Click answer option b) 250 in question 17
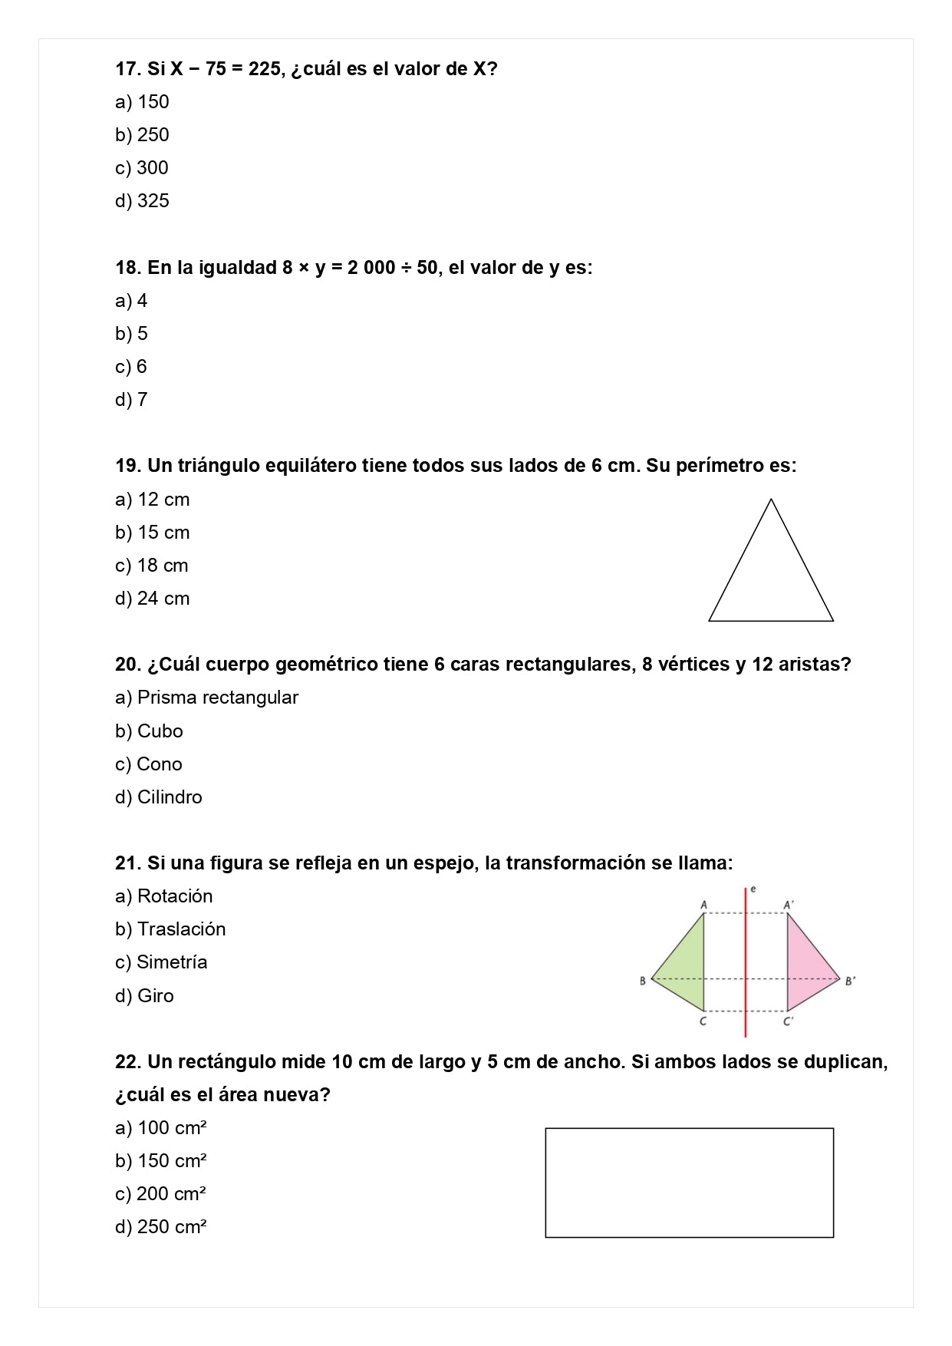point(142,135)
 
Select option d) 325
point(142,201)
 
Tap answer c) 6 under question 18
point(131,367)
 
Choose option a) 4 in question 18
point(131,301)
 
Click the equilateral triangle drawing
point(771,576)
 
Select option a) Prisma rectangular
point(206,698)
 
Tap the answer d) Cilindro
point(159,797)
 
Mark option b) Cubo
point(149,731)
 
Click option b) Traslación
point(170,929)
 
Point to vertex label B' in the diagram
point(850,981)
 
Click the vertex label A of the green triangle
point(703,905)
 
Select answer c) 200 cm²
point(160,1194)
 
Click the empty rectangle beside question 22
point(689,1183)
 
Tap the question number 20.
point(127,665)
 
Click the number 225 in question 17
point(265,69)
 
